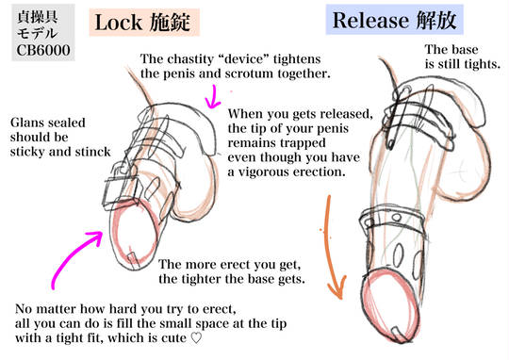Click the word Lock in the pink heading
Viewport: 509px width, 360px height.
click(x=119, y=23)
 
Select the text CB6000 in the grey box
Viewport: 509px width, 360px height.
click(x=43, y=50)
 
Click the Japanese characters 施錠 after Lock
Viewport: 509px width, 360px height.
click(x=170, y=22)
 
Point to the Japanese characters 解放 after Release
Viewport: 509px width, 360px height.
click(x=432, y=20)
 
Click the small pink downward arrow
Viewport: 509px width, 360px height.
click(x=213, y=96)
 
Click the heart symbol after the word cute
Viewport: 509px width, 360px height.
click(x=196, y=338)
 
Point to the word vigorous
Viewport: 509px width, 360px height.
click(x=264, y=172)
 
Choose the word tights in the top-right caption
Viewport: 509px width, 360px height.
click(x=482, y=64)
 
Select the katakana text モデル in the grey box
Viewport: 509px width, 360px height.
click(x=38, y=33)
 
